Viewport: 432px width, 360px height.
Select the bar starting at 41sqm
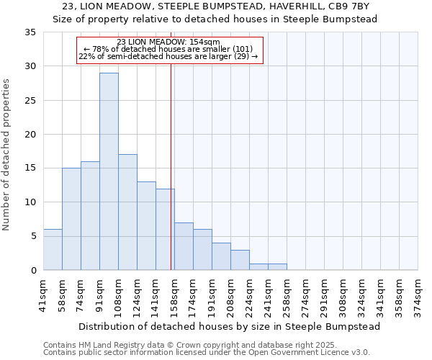(x=53, y=249)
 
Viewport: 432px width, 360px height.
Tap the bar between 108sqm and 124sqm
(x=127, y=212)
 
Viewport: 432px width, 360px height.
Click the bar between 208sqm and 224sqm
(x=240, y=260)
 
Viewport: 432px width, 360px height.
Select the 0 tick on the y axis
(x=34, y=271)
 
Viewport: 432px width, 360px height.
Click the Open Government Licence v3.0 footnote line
(x=207, y=352)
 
